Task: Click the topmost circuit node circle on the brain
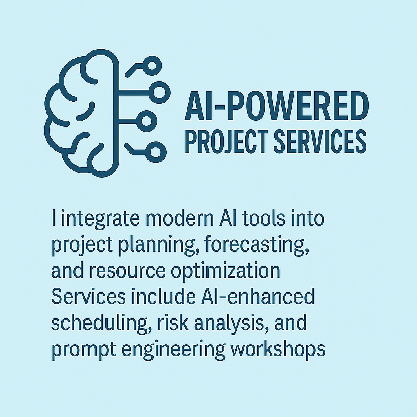coord(152,66)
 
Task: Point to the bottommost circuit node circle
coord(156,152)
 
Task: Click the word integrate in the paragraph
coord(100,219)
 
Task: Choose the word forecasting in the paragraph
coord(257,245)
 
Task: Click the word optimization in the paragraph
coord(226,271)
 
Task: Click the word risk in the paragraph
coord(173,323)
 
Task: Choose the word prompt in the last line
coord(83,349)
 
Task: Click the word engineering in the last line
coord(173,349)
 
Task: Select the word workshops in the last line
coord(278,349)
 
